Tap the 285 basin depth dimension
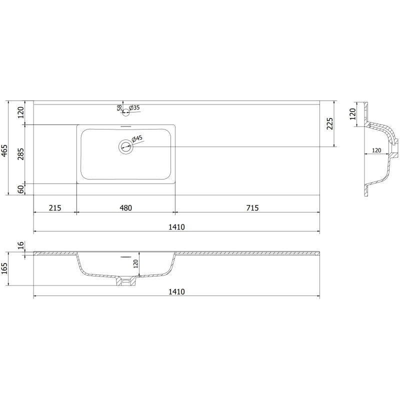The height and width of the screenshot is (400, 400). point(21,154)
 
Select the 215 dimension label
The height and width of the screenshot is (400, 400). point(55,208)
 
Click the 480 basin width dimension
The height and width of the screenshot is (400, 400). point(126,208)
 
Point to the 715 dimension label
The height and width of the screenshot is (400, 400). point(252,208)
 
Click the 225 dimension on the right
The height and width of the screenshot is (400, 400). point(330,123)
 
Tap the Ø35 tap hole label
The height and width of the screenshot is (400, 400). point(134,107)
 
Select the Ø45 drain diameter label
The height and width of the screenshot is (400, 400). point(137,139)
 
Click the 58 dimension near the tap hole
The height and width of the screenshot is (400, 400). point(119,107)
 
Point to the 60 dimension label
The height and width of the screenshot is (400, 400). point(21,189)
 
